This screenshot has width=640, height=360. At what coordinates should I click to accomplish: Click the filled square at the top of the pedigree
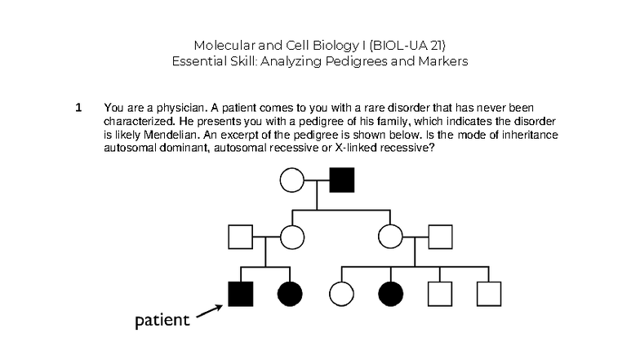pyautogui.click(x=341, y=179)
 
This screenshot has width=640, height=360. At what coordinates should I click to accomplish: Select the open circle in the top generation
pyautogui.click(x=292, y=179)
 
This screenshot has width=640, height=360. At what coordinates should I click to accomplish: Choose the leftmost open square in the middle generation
pyautogui.click(x=242, y=237)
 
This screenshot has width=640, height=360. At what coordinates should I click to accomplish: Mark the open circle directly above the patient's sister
pyautogui.click(x=291, y=237)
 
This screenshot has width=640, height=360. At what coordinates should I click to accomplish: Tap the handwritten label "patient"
pyautogui.click(x=162, y=319)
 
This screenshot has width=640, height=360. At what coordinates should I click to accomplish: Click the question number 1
pyautogui.click(x=78, y=107)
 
